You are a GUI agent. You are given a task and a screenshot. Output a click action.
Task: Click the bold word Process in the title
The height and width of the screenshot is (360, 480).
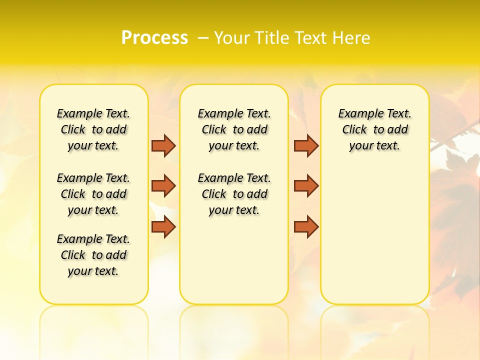click(154, 37)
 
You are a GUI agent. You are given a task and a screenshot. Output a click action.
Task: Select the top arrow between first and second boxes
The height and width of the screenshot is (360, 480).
click(163, 145)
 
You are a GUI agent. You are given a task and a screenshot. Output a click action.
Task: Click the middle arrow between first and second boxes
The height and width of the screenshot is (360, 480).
click(163, 186)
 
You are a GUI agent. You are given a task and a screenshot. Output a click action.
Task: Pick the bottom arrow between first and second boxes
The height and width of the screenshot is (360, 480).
click(163, 226)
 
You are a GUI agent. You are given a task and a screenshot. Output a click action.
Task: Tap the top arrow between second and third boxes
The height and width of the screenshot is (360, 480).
click(306, 145)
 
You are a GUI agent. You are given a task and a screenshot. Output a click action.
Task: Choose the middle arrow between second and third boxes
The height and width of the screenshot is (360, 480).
click(306, 186)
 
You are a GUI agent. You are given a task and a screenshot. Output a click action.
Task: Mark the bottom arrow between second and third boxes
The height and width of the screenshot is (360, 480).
click(306, 226)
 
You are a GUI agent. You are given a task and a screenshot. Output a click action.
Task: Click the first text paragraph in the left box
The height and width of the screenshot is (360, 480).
click(93, 129)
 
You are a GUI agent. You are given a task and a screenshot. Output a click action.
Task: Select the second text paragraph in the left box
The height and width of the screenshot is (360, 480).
click(93, 194)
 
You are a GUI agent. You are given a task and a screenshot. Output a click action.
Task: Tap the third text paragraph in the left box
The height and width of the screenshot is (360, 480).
click(93, 255)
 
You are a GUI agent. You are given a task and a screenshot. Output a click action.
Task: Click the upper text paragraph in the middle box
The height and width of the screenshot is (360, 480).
click(234, 129)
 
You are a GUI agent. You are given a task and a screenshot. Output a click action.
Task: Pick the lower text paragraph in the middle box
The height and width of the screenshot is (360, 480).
click(234, 194)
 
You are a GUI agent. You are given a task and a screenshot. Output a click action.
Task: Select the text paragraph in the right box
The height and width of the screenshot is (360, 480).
click(374, 129)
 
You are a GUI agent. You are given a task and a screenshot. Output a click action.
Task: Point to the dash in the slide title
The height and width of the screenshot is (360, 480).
click(203, 37)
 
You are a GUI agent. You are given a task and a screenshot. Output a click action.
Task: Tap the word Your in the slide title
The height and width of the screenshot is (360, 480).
click(232, 37)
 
